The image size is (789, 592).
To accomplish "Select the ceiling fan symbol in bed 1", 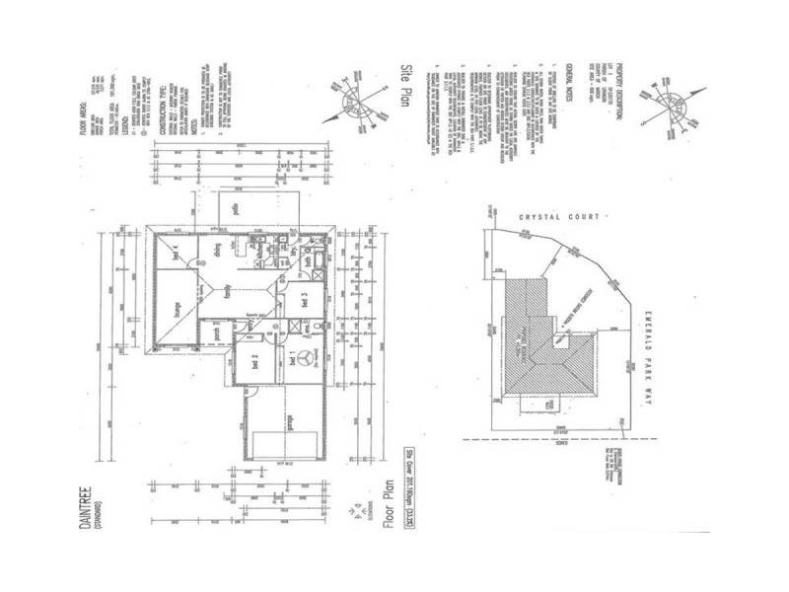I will pos(307,357).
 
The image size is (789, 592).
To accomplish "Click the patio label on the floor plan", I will pos(236,209).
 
